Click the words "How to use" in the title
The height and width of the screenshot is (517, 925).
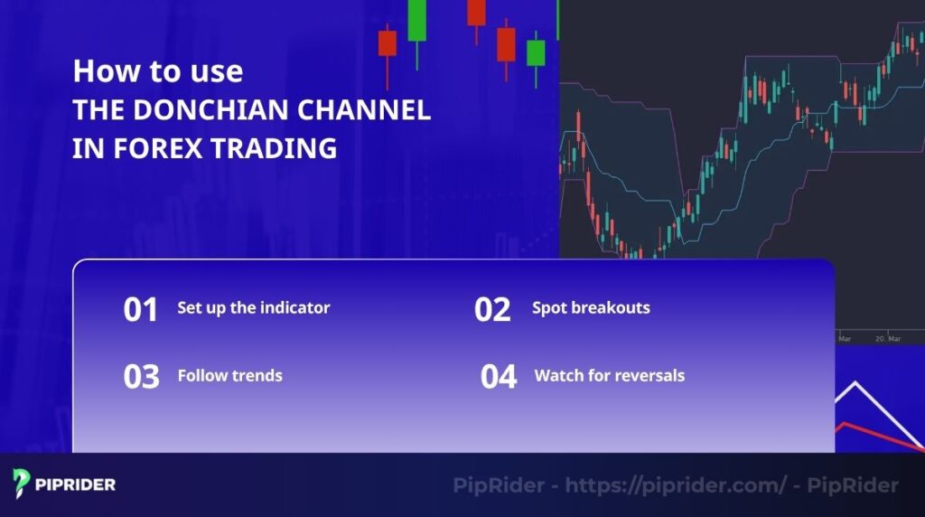tap(157, 71)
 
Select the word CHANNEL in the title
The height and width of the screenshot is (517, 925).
tap(378, 110)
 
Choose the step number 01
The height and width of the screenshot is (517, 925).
tap(141, 309)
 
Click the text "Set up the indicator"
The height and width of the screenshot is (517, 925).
tap(254, 307)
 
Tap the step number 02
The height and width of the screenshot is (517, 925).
tap(492, 309)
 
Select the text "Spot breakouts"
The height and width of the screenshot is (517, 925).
tap(591, 307)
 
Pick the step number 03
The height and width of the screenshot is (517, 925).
tap(141, 376)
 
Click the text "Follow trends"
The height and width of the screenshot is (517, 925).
tap(230, 375)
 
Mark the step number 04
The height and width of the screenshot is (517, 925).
tap(499, 376)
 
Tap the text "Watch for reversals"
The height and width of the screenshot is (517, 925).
tap(610, 375)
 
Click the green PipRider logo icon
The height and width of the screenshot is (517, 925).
tap(23, 484)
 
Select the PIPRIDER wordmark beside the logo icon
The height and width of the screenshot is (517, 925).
tap(76, 484)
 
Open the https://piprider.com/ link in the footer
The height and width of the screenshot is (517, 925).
tap(675, 485)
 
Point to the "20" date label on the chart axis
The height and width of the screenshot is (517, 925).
tap(879, 338)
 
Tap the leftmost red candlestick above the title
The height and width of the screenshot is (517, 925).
tap(388, 42)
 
